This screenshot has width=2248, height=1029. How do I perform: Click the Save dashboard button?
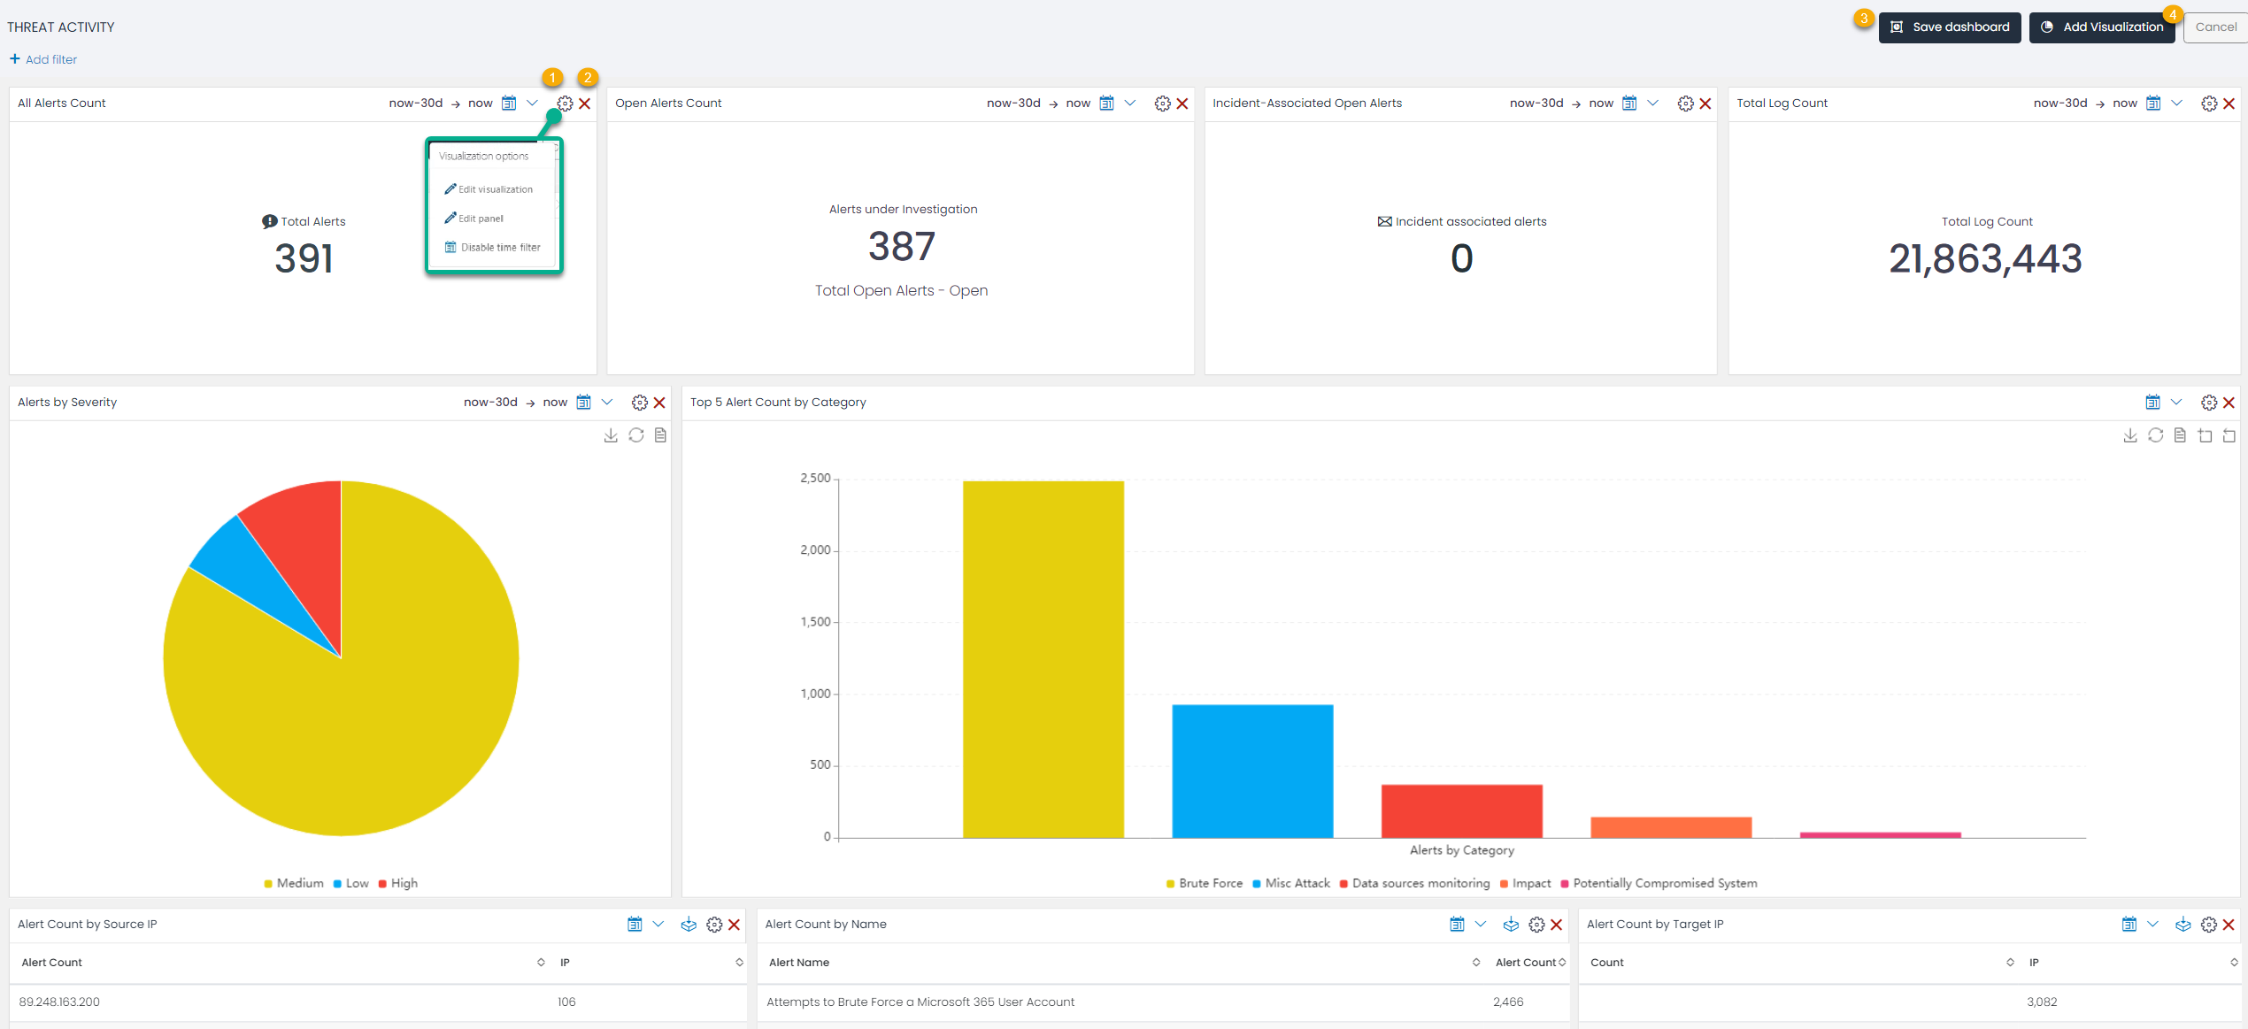click(1950, 27)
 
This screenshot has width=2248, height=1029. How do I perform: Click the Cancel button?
click(2215, 27)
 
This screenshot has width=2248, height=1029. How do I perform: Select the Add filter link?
click(43, 59)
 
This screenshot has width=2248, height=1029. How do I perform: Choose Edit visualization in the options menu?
click(495, 189)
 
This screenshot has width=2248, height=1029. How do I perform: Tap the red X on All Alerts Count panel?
click(585, 104)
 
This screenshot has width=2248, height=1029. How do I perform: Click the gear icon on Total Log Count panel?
click(2209, 104)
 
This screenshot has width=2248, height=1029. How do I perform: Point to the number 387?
click(901, 247)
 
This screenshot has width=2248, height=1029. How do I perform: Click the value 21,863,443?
click(1985, 259)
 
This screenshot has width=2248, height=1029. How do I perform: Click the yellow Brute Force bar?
click(1043, 659)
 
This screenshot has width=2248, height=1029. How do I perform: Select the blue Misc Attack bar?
click(1252, 771)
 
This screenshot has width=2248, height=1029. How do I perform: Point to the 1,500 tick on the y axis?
click(815, 622)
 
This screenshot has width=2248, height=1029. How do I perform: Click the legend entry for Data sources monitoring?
click(1420, 883)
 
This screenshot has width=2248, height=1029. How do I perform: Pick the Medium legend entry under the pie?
click(299, 883)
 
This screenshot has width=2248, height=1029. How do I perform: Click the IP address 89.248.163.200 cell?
click(59, 1002)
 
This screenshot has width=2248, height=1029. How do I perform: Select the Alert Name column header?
click(799, 963)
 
